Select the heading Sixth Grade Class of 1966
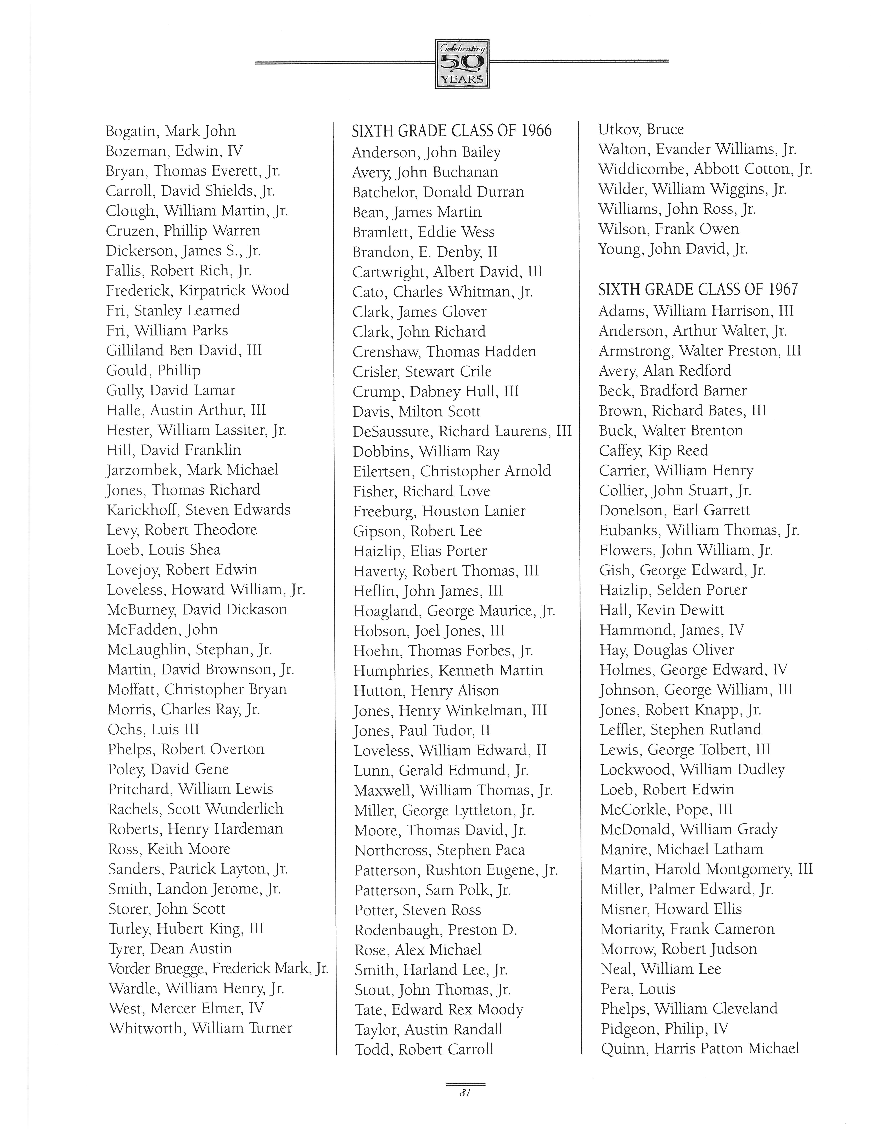452,131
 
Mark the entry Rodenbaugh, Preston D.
435,930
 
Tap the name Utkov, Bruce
641,129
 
